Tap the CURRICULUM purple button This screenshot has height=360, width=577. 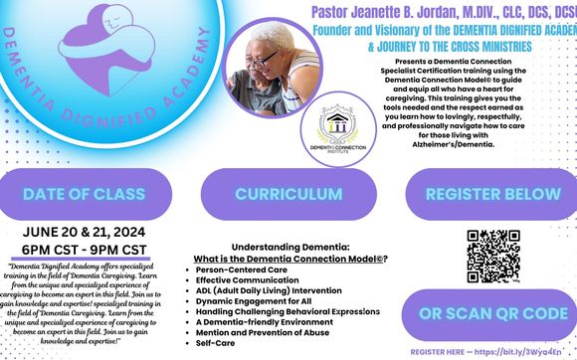pos(288,191)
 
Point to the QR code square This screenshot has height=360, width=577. pos(492,250)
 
